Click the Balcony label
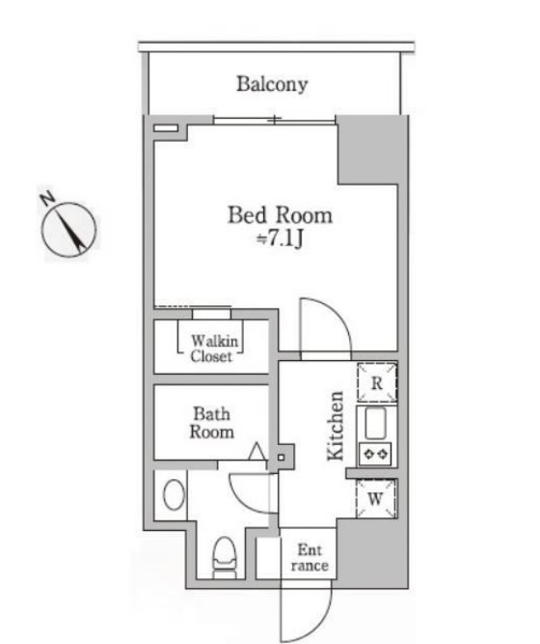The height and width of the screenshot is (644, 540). pyautogui.click(x=273, y=84)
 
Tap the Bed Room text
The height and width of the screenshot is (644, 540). pyautogui.click(x=280, y=214)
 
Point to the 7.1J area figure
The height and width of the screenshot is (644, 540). pyautogui.click(x=283, y=238)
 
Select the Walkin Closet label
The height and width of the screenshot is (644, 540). pyautogui.click(x=211, y=348)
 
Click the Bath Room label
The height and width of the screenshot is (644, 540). pyautogui.click(x=211, y=423)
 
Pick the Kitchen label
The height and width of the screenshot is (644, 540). pyautogui.click(x=337, y=426)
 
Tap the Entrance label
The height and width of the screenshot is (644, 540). pyautogui.click(x=310, y=557)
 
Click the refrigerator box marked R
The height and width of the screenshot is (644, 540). pyautogui.click(x=378, y=382)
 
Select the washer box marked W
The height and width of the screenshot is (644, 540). pyautogui.click(x=377, y=499)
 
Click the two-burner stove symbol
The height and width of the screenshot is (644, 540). pyautogui.click(x=374, y=452)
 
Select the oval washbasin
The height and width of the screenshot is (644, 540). pyautogui.click(x=175, y=495)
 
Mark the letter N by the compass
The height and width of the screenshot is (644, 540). pyautogui.click(x=46, y=199)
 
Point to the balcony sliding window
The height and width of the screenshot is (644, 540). pyautogui.click(x=275, y=120)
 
